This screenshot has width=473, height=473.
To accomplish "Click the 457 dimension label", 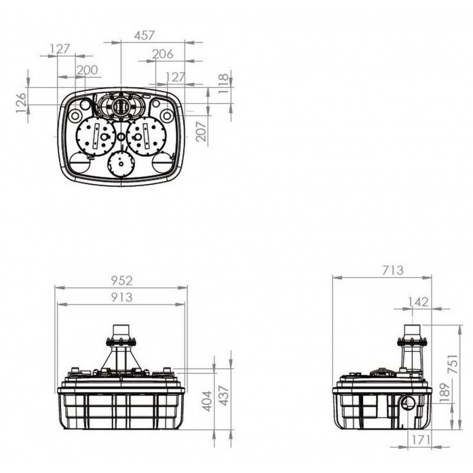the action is (144, 35).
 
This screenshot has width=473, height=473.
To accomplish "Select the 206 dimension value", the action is (163, 54).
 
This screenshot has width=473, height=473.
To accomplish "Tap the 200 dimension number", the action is (87, 70).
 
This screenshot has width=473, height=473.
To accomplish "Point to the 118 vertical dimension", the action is (223, 83).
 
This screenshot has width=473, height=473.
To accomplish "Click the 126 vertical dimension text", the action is (21, 103).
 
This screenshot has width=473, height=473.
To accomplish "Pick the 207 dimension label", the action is (201, 131).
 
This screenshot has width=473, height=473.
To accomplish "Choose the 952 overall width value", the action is (122, 281).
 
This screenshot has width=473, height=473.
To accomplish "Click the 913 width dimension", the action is (122, 297).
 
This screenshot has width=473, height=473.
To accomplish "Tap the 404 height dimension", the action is (207, 401).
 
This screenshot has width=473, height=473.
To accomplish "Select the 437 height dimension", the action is (224, 396).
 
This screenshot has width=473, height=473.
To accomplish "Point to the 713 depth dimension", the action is (393, 270).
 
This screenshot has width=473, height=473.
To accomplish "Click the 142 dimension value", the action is (418, 302).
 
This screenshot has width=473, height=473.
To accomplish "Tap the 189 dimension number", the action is (445, 393).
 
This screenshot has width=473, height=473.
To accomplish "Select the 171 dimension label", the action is (420, 440).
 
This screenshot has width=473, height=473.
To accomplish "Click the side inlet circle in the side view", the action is (408, 401).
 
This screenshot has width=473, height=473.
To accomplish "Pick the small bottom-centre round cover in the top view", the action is (121, 164).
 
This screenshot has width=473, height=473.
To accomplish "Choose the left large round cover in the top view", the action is (96, 137).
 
